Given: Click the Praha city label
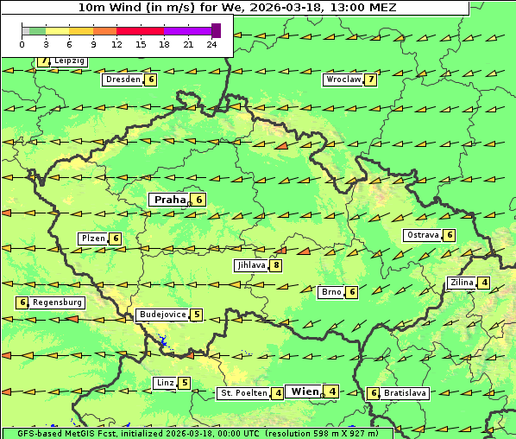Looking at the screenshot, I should tap(169, 200).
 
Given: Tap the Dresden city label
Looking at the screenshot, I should tap(123, 80).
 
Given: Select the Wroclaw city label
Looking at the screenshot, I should tap(343, 80).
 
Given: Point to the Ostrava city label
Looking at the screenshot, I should tap(423, 235).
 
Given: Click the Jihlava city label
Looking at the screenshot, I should tap(251, 265).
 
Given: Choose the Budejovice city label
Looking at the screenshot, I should tap(162, 315).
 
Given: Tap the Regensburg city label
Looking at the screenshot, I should tap(58, 302).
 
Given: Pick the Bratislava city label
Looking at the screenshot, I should tap(406, 393).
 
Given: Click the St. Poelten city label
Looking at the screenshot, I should tap(242, 393).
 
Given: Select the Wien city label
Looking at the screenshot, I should tap(305, 391).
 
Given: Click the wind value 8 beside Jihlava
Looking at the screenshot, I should tap(276, 265).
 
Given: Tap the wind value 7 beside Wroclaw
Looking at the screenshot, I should tap(370, 80).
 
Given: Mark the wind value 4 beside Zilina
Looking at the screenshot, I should tap(484, 283).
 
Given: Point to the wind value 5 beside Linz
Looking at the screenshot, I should tap(185, 383).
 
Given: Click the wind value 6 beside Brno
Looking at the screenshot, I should tap(352, 292).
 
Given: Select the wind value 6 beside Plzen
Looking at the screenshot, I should tap(116, 239).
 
